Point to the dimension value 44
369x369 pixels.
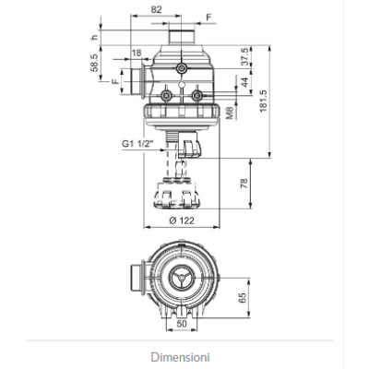pyautogui.click(x=244, y=81)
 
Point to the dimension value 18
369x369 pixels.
pyautogui.click(x=137, y=53)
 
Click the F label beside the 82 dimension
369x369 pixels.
pyautogui.click(x=208, y=17)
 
